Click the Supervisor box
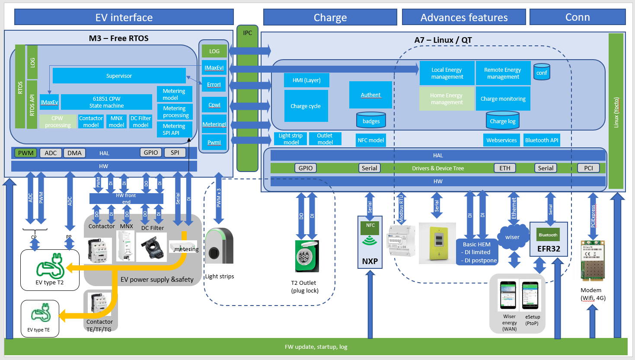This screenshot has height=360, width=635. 119,76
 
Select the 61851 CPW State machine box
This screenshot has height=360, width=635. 106,102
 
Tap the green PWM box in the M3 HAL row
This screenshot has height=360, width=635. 26,153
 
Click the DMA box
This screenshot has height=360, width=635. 74,153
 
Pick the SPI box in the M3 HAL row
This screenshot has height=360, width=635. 175,153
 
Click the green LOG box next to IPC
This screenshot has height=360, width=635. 214,51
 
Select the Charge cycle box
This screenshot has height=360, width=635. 306,106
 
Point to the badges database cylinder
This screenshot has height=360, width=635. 371,121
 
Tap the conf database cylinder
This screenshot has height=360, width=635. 542,72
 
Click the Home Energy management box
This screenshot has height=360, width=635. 447,99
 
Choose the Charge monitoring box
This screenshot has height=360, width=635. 503,99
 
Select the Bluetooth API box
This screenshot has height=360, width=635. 542,140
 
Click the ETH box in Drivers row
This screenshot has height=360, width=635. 505,168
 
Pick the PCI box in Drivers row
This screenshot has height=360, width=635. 588,168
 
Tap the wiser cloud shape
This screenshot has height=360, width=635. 513,237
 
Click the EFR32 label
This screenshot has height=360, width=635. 549,248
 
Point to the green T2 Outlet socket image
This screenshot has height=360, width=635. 307,256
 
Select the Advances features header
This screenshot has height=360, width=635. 464,17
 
